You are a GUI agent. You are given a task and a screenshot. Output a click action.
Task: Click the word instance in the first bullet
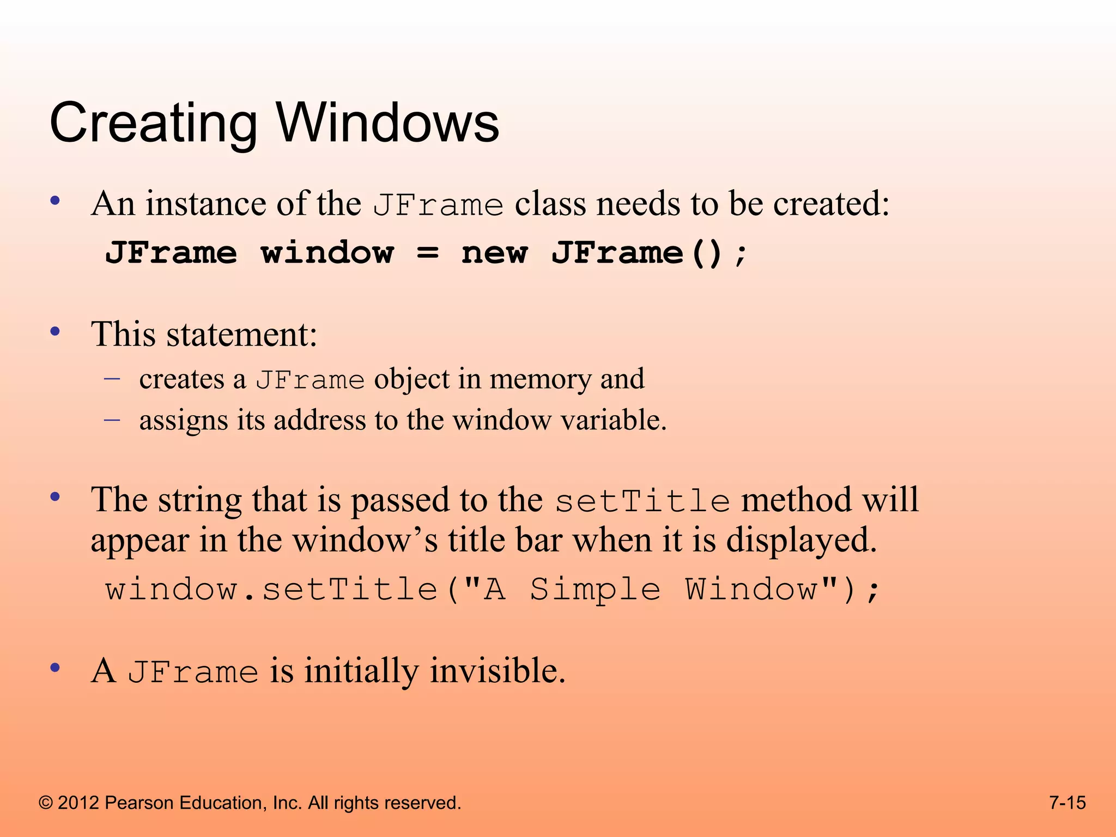point(205,204)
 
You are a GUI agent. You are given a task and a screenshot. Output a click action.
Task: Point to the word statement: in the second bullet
point(241,334)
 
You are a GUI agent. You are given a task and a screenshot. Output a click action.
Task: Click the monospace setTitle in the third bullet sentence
point(642,501)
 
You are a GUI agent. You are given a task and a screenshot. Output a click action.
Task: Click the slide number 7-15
point(1068,803)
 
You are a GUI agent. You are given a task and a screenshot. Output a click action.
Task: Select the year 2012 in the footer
point(78,803)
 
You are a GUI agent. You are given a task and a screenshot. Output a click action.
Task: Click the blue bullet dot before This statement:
point(54,331)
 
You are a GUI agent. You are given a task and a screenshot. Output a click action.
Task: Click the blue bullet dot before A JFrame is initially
point(54,668)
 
